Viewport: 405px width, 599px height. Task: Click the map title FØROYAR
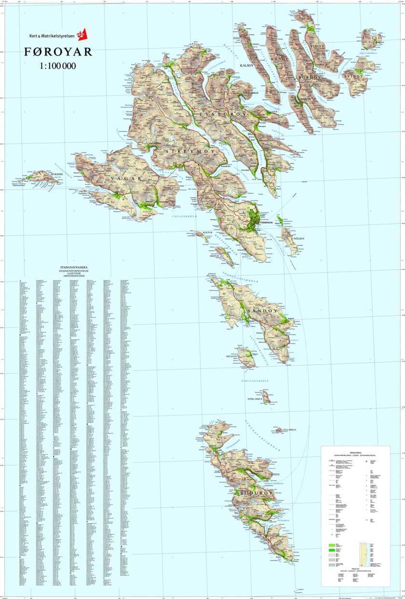(58, 52)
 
